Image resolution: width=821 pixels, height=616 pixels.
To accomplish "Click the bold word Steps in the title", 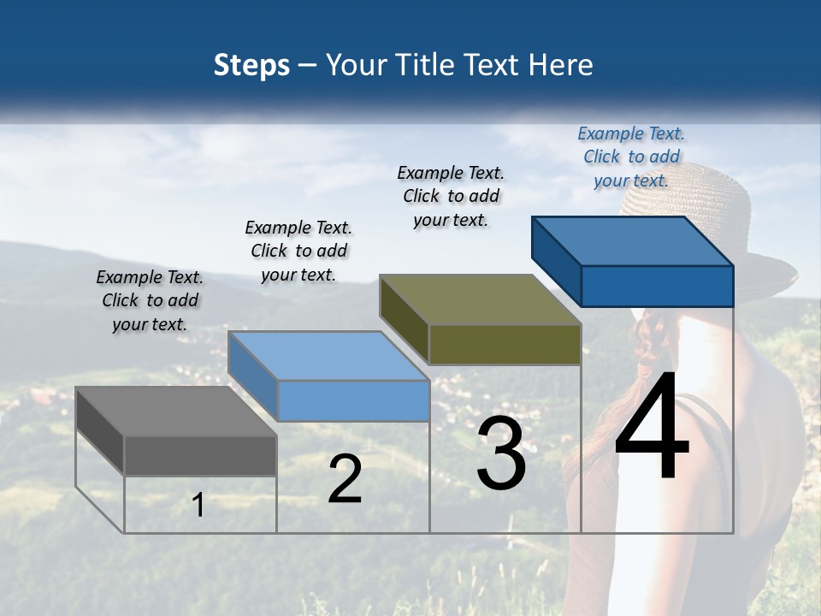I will (251, 65).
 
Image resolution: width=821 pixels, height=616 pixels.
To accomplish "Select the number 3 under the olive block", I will (501, 453).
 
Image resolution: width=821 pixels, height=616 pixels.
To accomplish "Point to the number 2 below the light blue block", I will (345, 479).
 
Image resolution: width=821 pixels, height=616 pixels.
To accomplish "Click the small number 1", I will (198, 505).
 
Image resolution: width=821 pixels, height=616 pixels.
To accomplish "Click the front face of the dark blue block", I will (657, 286).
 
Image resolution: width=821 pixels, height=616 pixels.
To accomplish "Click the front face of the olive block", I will (505, 344).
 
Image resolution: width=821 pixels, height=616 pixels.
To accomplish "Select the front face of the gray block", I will (200, 455).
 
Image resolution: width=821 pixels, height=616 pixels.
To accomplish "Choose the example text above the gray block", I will (150, 300).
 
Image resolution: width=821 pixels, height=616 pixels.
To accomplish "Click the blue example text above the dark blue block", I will (631, 157).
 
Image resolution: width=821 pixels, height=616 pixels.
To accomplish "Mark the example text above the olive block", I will (451, 196).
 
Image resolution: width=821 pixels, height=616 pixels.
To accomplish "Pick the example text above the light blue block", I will (298, 251).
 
